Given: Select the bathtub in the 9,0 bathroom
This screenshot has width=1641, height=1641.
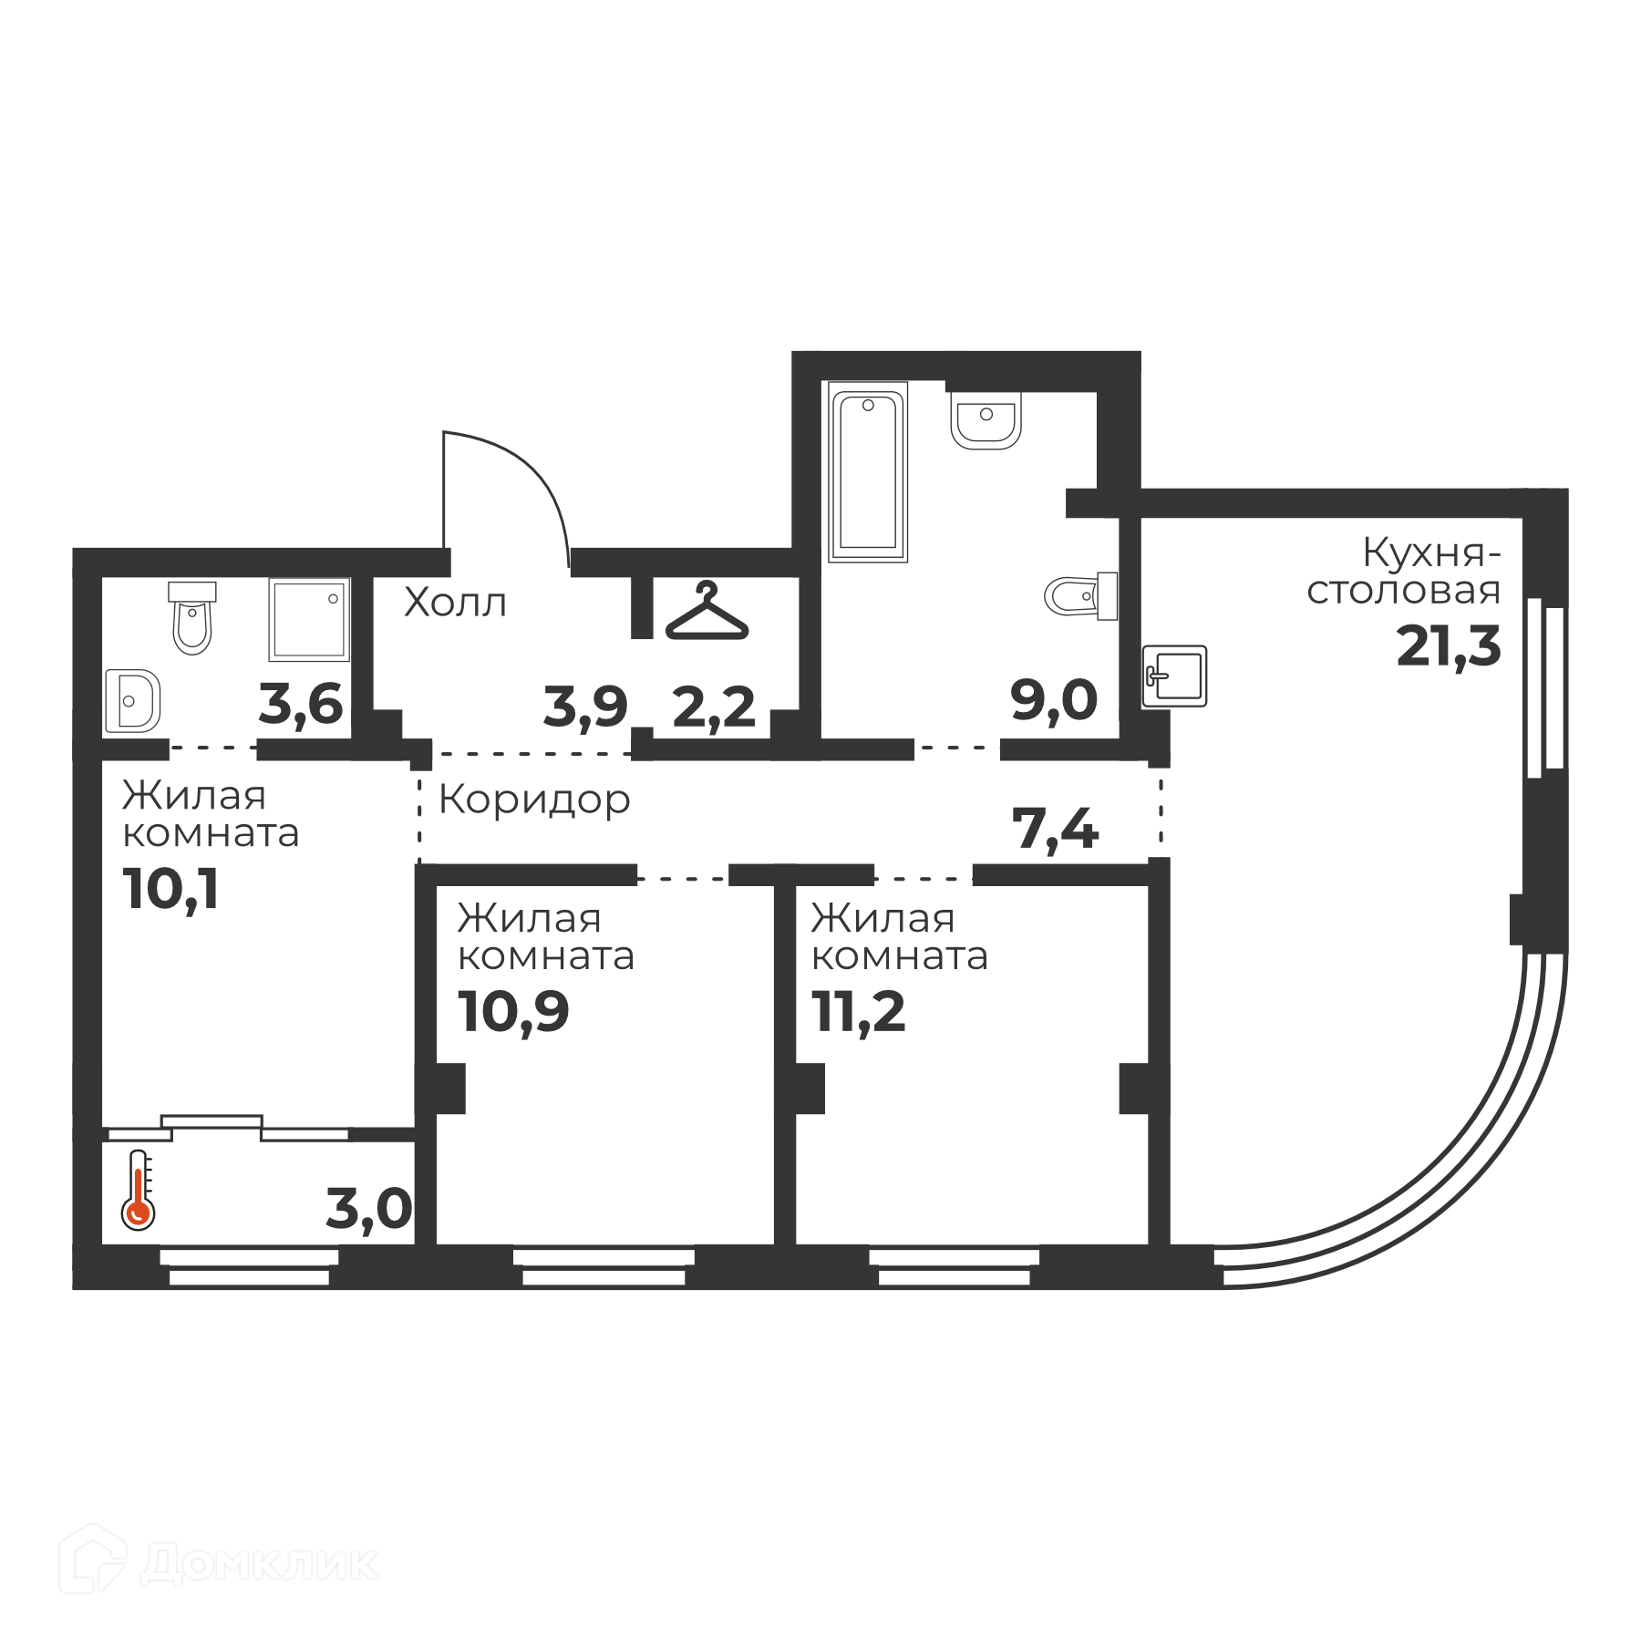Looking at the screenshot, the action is [x=868, y=471].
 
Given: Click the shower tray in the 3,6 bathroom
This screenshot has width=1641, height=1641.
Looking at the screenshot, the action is [x=309, y=619].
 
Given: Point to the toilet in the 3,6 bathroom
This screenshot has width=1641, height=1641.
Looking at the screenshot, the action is [x=191, y=618].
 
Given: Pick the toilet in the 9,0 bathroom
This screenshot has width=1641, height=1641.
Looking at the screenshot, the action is [x=1081, y=596].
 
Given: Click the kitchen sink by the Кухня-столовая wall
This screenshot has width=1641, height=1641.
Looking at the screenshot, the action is [x=1175, y=676].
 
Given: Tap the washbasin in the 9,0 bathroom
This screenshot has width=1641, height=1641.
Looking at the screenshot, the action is [x=986, y=420].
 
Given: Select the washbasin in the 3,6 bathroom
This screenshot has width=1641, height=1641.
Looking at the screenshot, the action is [x=133, y=700].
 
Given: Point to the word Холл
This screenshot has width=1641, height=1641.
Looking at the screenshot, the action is [x=455, y=603].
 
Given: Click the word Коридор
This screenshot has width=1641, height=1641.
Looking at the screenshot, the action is [x=534, y=800].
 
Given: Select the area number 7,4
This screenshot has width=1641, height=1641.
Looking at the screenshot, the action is [x=1055, y=831].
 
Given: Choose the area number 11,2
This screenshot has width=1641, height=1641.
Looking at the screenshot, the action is [x=859, y=1012].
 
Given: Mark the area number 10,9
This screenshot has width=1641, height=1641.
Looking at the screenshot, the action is [x=514, y=1012].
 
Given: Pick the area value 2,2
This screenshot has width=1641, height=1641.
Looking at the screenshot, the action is [x=714, y=707].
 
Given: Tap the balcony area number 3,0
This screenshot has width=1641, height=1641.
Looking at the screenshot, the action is [x=369, y=1210].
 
